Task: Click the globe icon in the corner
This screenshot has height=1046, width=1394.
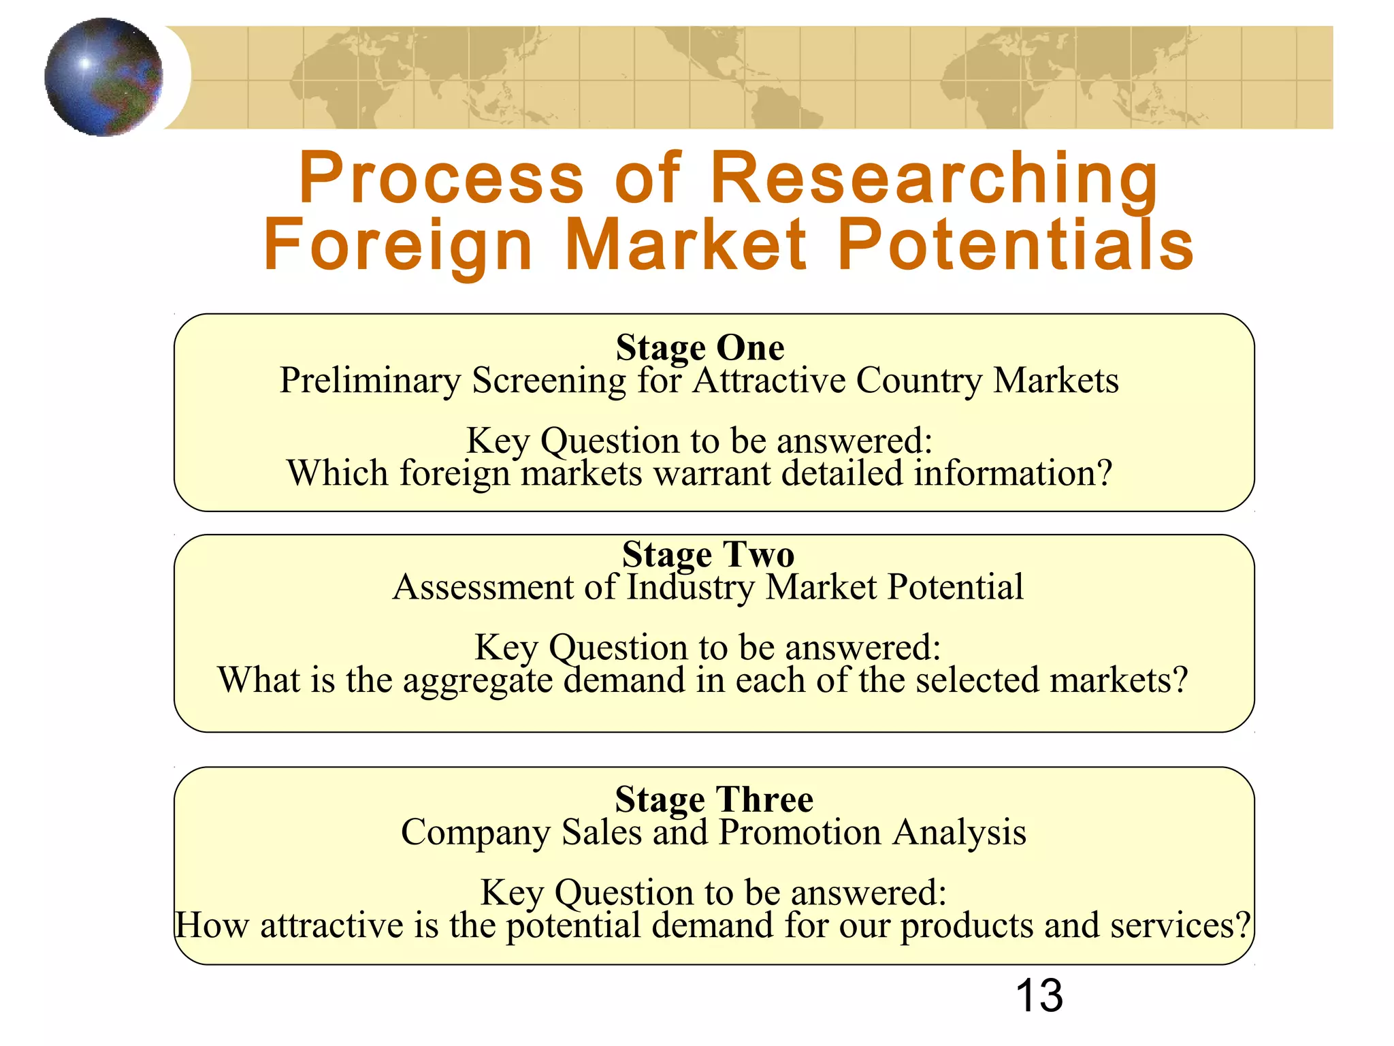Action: click(x=103, y=77)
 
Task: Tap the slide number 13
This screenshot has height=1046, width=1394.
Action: click(x=1039, y=996)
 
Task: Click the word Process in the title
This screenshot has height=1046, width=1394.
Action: click(x=441, y=178)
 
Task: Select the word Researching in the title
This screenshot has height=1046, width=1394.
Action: click(x=934, y=178)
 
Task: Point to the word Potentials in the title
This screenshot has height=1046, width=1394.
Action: click(x=1015, y=244)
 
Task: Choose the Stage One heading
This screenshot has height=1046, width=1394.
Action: click(x=700, y=347)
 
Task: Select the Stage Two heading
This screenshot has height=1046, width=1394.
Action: click(x=708, y=554)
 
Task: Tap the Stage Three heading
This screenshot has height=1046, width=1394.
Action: click(x=714, y=799)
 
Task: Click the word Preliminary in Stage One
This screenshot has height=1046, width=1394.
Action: click(x=370, y=381)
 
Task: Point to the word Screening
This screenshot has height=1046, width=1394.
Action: click(x=549, y=381)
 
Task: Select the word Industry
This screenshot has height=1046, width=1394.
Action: click(x=690, y=587)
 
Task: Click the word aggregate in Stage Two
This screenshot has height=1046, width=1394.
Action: click(x=478, y=681)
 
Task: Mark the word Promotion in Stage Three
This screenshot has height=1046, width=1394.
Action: click(x=800, y=832)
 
